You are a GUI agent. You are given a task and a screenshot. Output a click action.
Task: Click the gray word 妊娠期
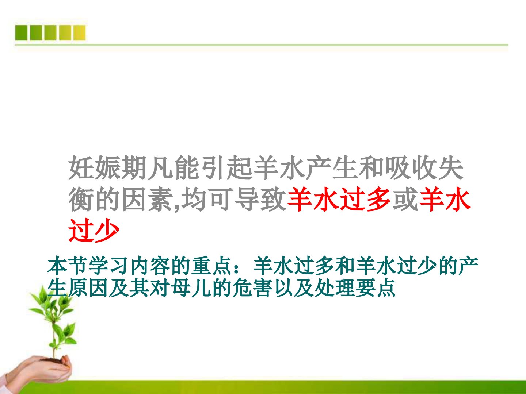[107, 167]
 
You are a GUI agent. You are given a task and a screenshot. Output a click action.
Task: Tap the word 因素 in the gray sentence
[147, 199]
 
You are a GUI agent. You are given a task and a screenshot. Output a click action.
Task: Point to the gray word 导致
[260, 199]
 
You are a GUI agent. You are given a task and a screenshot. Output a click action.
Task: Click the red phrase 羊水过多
[339, 199]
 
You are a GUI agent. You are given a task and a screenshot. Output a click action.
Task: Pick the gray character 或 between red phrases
[405, 199]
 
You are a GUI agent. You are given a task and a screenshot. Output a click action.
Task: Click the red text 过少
[94, 230]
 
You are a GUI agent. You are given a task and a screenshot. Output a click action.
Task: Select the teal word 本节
[68, 266]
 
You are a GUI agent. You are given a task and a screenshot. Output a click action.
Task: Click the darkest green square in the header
[21, 33]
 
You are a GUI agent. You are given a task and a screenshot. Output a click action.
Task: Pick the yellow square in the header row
[79, 33]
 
